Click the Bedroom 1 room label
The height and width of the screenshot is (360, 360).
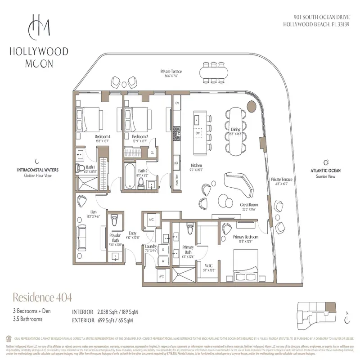103,136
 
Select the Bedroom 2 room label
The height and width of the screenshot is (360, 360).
140,136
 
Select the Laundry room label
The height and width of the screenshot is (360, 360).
150,247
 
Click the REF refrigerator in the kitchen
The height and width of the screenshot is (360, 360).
177,163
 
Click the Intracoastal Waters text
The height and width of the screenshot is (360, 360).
36,171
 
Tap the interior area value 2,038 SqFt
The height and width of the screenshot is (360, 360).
110,311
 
